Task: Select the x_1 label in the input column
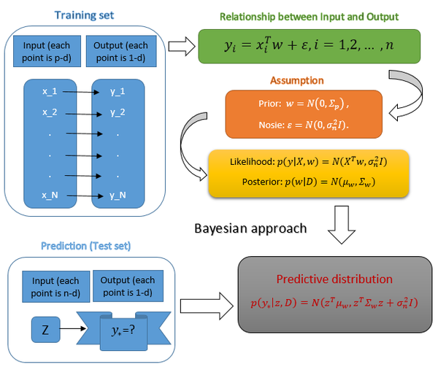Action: [x=50, y=92]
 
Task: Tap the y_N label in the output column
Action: [x=118, y=196]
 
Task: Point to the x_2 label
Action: [x=50, y=112]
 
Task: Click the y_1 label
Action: [x=118, y=92]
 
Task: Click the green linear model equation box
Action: [x=309, y=46]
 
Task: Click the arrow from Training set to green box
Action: [x=178, y=47]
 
